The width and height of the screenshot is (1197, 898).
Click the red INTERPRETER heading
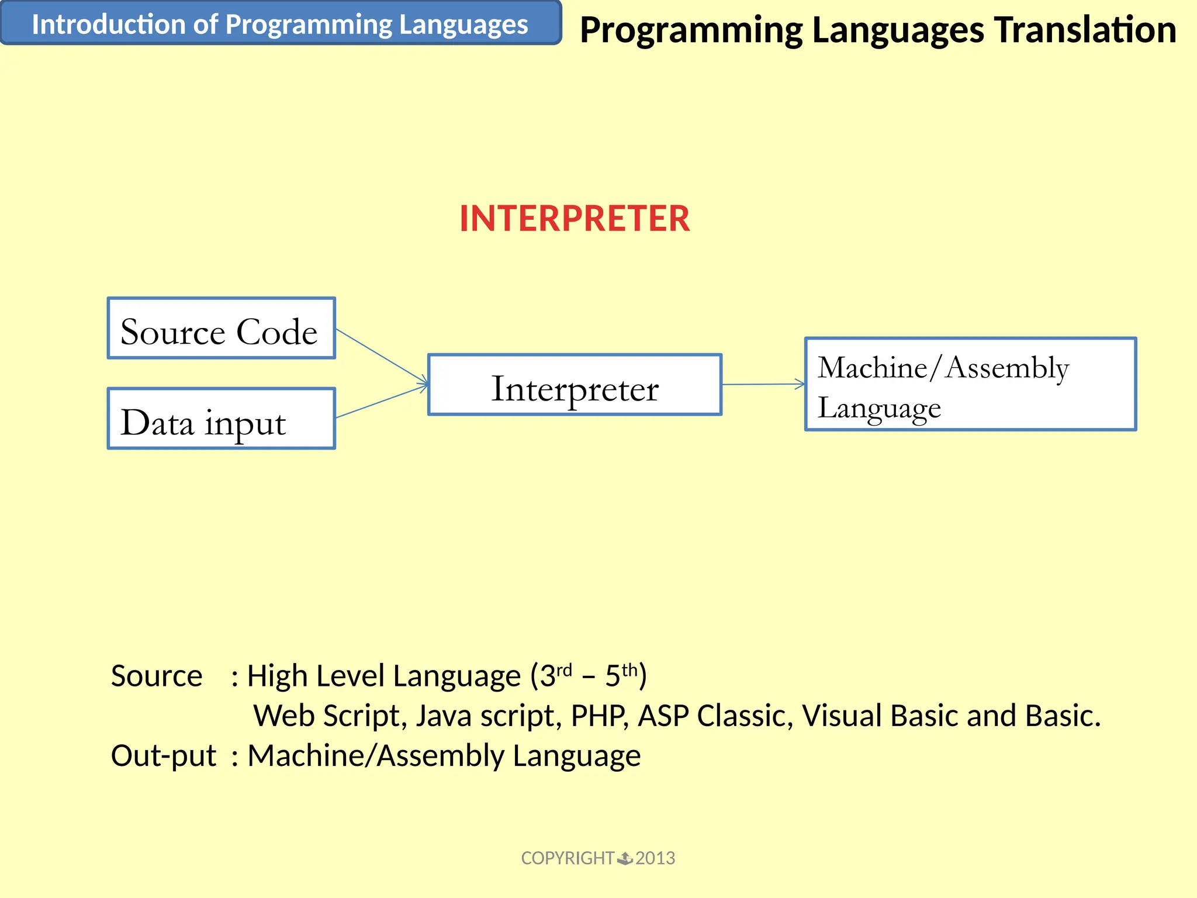[x=575, y=219]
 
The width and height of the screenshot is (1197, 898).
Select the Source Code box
[x=221, y=329]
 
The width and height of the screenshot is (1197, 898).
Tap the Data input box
[x=221, y=419]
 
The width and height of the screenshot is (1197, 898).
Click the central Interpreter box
[x=575, y=385]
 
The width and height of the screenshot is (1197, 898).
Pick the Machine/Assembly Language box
[x=970, y=384]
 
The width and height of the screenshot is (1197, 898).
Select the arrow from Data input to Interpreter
[x=381, y=402]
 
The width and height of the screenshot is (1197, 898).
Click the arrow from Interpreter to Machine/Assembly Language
[x=763, y=384]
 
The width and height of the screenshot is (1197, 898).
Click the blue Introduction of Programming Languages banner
[x=281, y=23]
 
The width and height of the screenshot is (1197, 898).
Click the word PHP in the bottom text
[x=599, y=716]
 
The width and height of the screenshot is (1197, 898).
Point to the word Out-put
[x=164, y=755]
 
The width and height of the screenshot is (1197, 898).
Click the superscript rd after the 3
[x=564, y=670]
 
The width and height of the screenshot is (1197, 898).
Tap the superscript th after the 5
[x=629, y=670]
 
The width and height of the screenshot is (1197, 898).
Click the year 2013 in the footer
[x=655, y=858]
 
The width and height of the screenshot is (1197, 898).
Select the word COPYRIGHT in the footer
[x=567, y=858]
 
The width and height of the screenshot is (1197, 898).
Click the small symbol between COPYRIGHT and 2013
[x=625, y=858]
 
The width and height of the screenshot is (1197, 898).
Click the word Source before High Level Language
[x=157, y=676]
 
